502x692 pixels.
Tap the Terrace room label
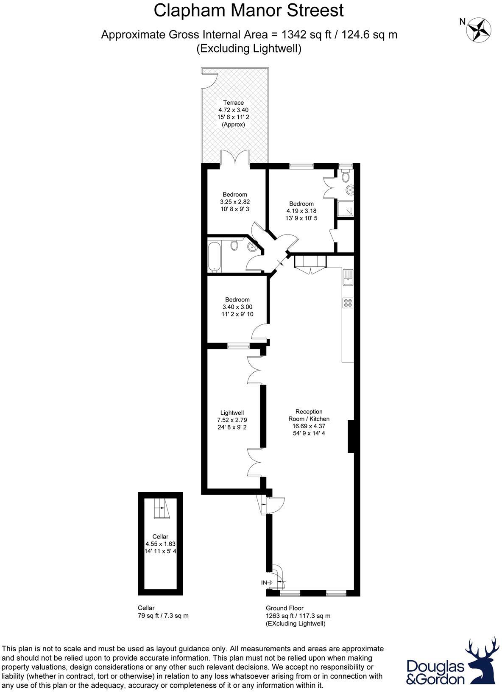pyautogui.click(x=234, y=103)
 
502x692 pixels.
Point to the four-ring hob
pyautogui.click(x=348, y=303)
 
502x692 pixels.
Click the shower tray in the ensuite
pyautogui.click(x=346, y=209)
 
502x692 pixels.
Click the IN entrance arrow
pyautogui.click(x=267, y=583)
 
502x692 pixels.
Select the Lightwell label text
pyautogui.click(x=232, y=413)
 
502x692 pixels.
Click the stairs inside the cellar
pyautogui.click(x=161, y=508)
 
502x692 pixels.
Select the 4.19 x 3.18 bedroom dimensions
pyautogui.click(x=301, y=211)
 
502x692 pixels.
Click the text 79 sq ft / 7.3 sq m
pyautogui.click(x=163, y=615)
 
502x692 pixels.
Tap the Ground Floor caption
pyautogui.click(x=284, y=608)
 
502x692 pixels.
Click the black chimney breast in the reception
pyautogui.click(x=351, y=436)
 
